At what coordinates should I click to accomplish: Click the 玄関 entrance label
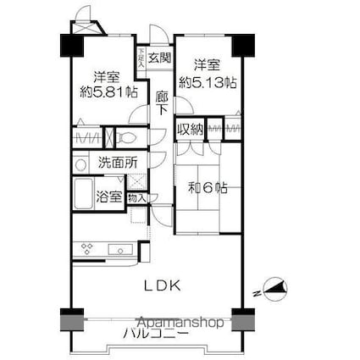[160, 58]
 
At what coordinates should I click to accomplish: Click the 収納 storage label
[190, 130]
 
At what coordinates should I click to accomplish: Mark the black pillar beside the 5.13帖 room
[244, 43]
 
